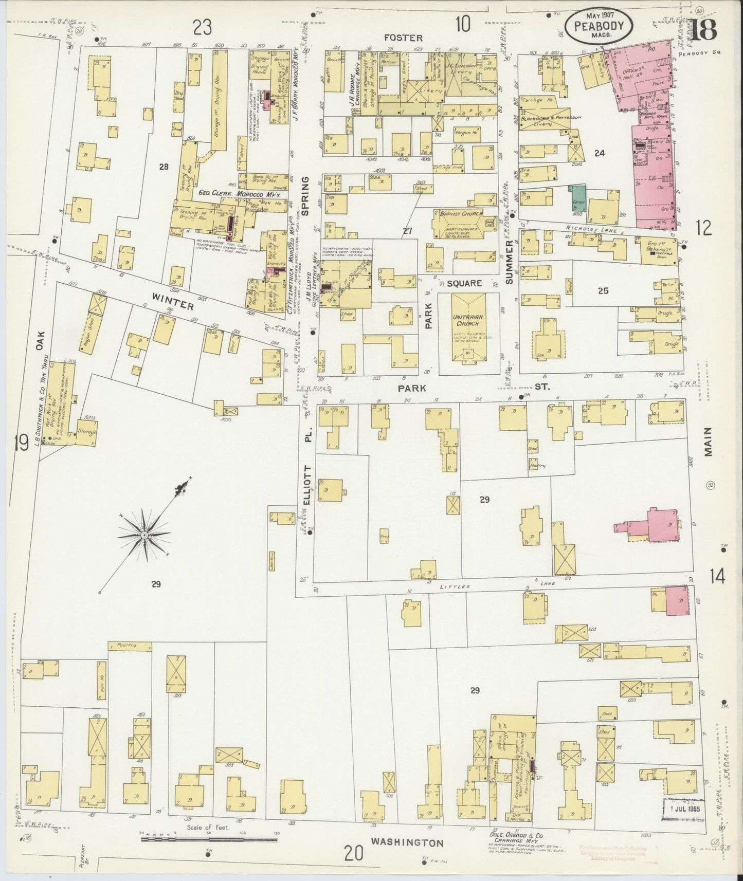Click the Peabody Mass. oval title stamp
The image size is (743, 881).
click(x=599, y=25)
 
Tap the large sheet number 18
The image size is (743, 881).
click(x=703, y=32)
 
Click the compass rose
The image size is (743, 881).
click(x=146, y=535)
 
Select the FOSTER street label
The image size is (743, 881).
click(x=410, y=38)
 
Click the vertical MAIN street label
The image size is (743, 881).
click(x=709, y=443)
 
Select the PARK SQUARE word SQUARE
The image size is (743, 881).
click(x=464, y=283)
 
